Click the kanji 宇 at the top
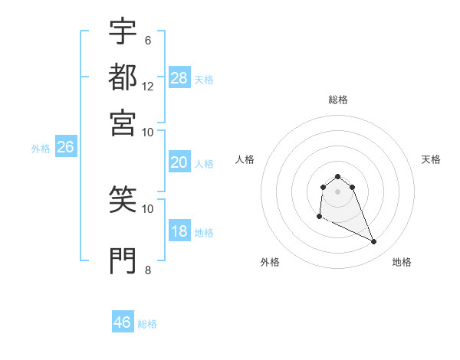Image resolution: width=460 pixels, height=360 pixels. tap(123, 31)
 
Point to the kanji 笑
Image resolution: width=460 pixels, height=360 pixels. tap(123, 198)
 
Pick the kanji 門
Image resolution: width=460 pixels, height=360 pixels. tap(123, 260)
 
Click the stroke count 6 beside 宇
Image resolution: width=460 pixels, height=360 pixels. tap(147, 41)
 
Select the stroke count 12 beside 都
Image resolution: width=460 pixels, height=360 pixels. tap(148, 86)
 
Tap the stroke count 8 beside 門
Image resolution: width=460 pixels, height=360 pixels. tap(147, 270)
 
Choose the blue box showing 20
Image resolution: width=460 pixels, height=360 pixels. tap(179, 162)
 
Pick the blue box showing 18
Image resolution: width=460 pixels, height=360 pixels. tap(179, 232)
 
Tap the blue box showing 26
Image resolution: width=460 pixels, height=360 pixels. tap(66, 147)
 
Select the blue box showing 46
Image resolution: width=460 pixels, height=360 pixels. tap(123, 322)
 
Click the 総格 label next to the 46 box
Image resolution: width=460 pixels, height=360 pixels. tap(147, 324)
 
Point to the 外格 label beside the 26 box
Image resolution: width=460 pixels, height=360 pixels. tap(41, 149)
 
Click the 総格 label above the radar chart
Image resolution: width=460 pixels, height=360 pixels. tap(337, 100)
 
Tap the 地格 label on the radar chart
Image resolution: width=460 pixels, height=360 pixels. tap(402, 262)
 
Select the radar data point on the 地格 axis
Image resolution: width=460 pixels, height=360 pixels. tap(374, 242)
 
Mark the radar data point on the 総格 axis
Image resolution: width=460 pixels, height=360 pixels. tap(337, 177)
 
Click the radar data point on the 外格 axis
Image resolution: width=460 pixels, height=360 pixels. tap(319, 217)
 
